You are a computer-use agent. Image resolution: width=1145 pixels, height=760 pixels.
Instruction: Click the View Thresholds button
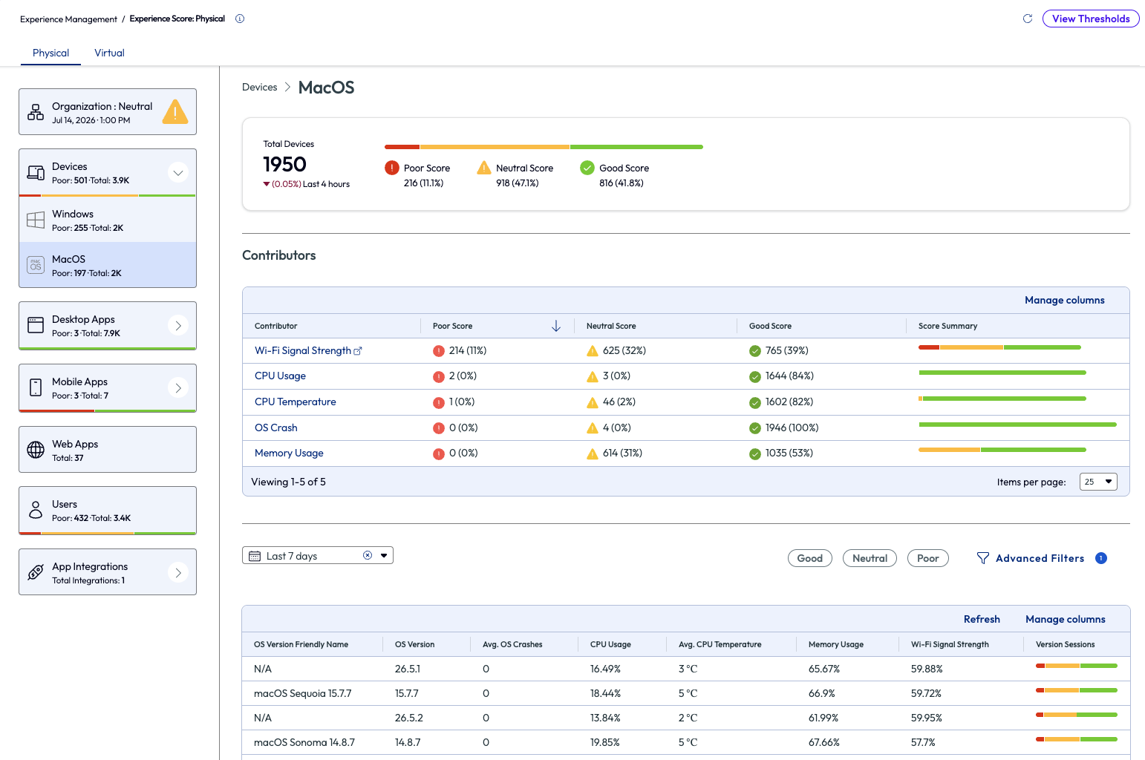[1090, 19]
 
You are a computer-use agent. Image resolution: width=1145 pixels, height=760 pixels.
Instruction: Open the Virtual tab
[109, 53]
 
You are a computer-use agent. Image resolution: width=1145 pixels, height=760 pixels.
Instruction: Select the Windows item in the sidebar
[108, 220]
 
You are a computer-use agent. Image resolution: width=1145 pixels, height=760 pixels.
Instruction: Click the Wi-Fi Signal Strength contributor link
[303, 350]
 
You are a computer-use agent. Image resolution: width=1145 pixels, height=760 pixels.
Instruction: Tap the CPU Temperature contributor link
[295, 402]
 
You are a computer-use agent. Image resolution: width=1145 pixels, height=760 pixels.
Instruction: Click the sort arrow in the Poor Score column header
[556, 326]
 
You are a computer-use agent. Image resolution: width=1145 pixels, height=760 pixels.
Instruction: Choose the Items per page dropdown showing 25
[1098, 482]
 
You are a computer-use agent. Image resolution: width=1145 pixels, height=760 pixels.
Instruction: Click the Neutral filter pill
[870, 558]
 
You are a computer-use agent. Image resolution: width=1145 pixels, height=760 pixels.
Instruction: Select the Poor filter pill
[927, 558]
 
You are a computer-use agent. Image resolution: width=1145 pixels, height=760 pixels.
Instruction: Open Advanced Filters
[1040, 558]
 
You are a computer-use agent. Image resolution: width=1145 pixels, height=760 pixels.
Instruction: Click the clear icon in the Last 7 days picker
[368, 555]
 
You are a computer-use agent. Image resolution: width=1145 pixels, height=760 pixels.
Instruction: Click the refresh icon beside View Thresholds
[1028, 19]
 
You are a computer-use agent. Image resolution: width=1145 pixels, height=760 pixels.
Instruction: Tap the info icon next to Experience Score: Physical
[240, 19]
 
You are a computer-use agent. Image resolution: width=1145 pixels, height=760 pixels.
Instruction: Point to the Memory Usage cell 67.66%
[824, 742]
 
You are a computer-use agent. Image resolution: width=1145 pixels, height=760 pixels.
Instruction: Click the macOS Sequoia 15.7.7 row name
[303, 693]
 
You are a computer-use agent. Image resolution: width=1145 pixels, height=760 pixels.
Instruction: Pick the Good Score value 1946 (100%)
[792, 427]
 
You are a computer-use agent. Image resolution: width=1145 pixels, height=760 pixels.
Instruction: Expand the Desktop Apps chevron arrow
[178, 325]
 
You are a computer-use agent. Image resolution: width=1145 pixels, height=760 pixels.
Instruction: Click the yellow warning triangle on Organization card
[175, 112]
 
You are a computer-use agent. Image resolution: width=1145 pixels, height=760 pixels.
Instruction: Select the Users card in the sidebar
[108, 510]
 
